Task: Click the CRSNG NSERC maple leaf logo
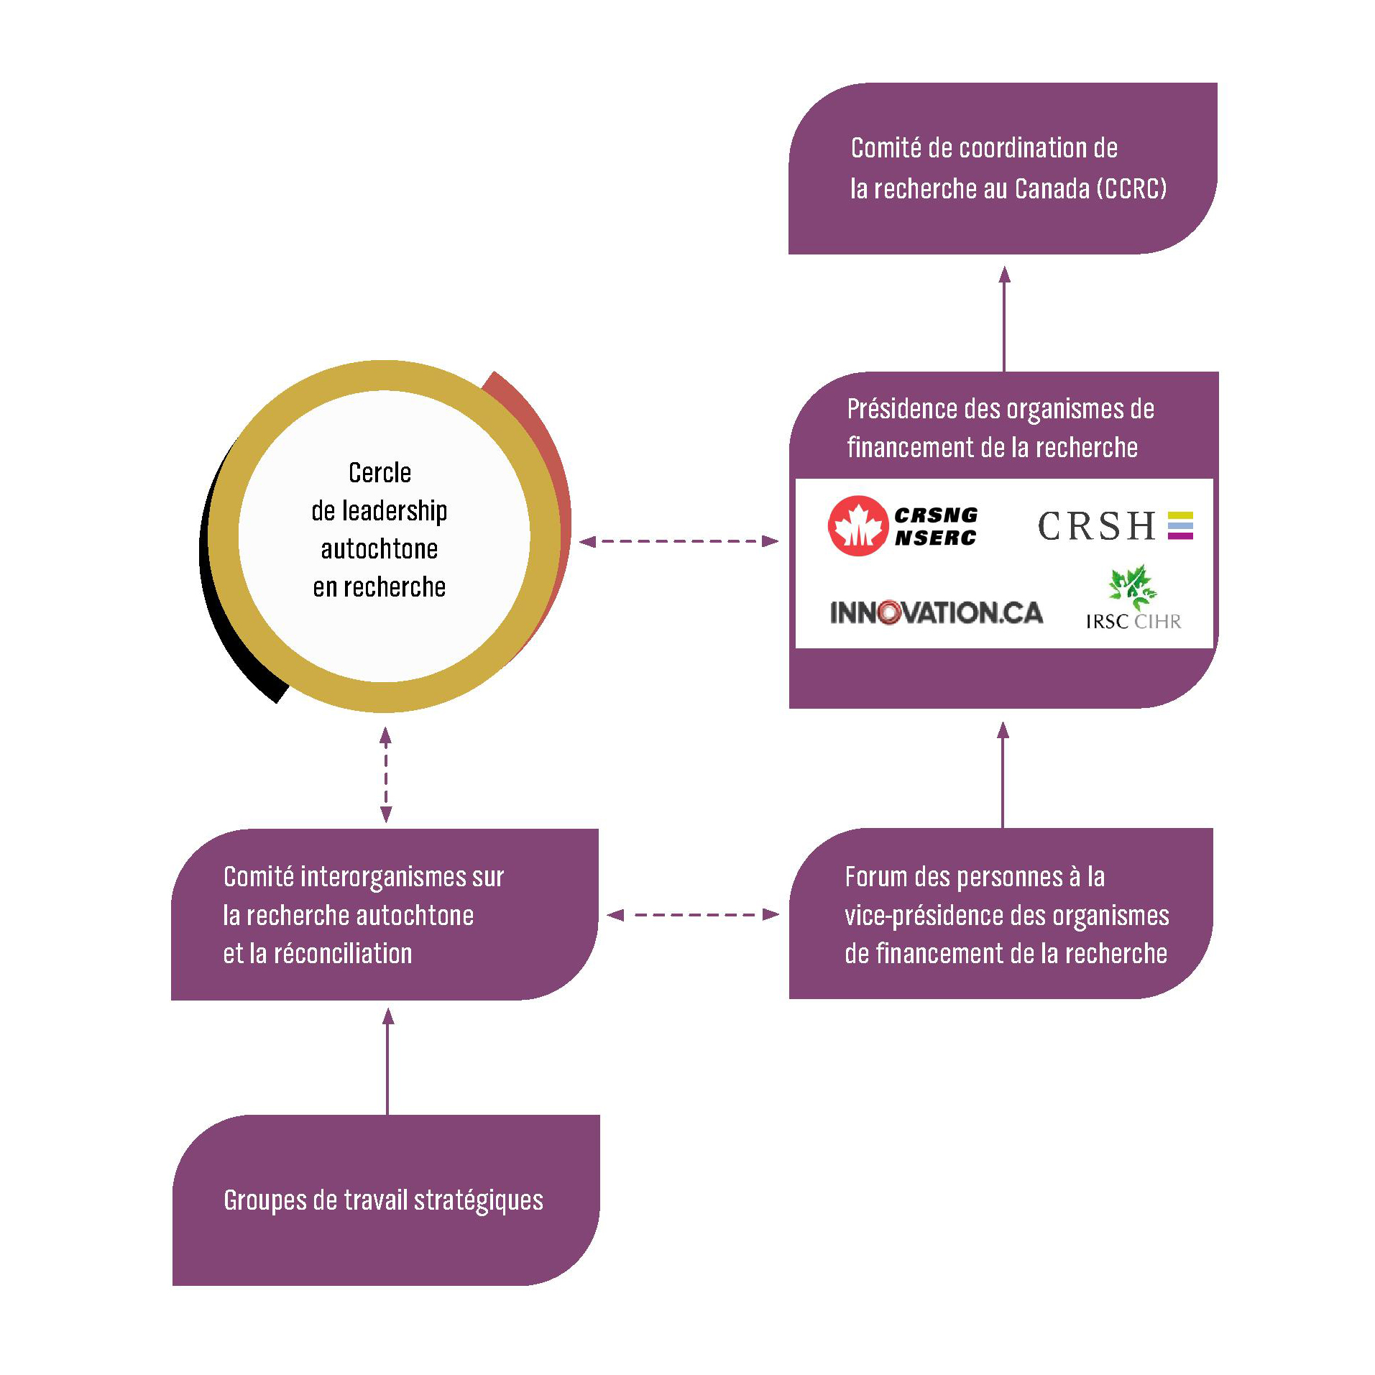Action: point(857,525)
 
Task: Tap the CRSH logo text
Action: point(1095,525)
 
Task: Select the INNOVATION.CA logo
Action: point(936,612)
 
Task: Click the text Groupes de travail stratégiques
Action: point(383,1200)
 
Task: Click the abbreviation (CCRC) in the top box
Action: point(1131,188)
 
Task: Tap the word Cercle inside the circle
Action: point(380,472)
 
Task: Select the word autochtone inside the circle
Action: point(380,549)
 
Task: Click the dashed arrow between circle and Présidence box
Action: point(679,541)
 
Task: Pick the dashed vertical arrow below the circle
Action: point(386,774)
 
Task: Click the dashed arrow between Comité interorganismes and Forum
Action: point(693,914)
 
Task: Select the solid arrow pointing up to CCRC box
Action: point(1004,317)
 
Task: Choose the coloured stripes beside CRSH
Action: point(1180,525)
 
